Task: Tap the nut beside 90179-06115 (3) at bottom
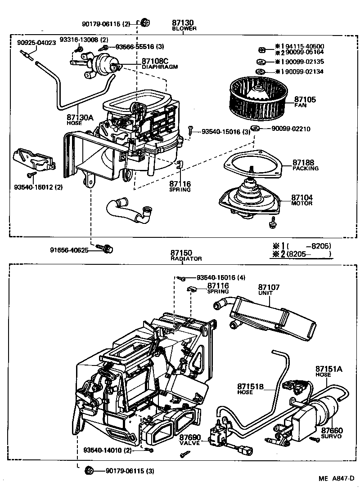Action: pos(89,471)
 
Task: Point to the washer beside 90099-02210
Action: pos(255,129)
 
